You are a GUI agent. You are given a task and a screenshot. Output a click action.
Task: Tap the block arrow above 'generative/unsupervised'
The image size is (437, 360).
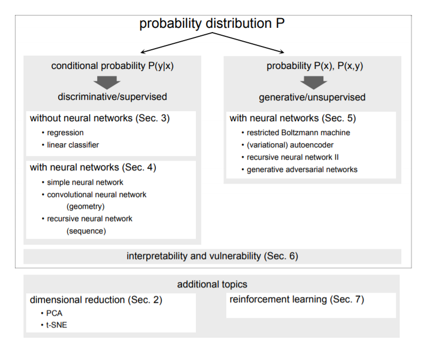[x=313, y=82]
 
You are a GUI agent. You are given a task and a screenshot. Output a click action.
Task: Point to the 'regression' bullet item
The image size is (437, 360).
[x=65, y=132]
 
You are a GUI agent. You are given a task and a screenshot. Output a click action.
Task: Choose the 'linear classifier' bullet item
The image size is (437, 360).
[x=73, y=144]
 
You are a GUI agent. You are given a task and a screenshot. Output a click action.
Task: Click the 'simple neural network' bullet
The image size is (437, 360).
[x=85, y=182]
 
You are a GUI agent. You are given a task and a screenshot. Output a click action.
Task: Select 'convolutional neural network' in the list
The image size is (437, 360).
[x=97, y=194]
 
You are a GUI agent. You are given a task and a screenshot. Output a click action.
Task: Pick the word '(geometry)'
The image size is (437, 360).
[x=85, y=206]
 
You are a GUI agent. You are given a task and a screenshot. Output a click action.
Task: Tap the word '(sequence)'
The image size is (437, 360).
[x=86, y=231]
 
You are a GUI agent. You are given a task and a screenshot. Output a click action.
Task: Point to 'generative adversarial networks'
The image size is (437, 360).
[x=302, y=169]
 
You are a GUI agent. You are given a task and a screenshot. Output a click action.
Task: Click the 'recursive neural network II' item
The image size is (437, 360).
[x=293, y=157]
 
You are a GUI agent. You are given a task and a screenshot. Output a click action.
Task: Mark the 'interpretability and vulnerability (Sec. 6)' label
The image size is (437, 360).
[x=212, y=256]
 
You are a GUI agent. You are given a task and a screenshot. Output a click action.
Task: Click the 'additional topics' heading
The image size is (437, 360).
[x=212, y=284]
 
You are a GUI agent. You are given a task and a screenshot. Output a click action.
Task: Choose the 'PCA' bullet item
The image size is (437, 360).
[x=54, y=313]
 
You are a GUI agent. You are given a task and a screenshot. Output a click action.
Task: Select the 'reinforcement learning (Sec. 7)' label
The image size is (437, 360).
[x=297, y=300]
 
